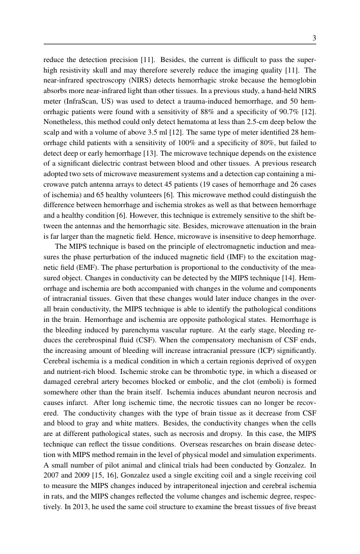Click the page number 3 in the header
point(314,38)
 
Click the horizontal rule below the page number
point(179,45)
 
